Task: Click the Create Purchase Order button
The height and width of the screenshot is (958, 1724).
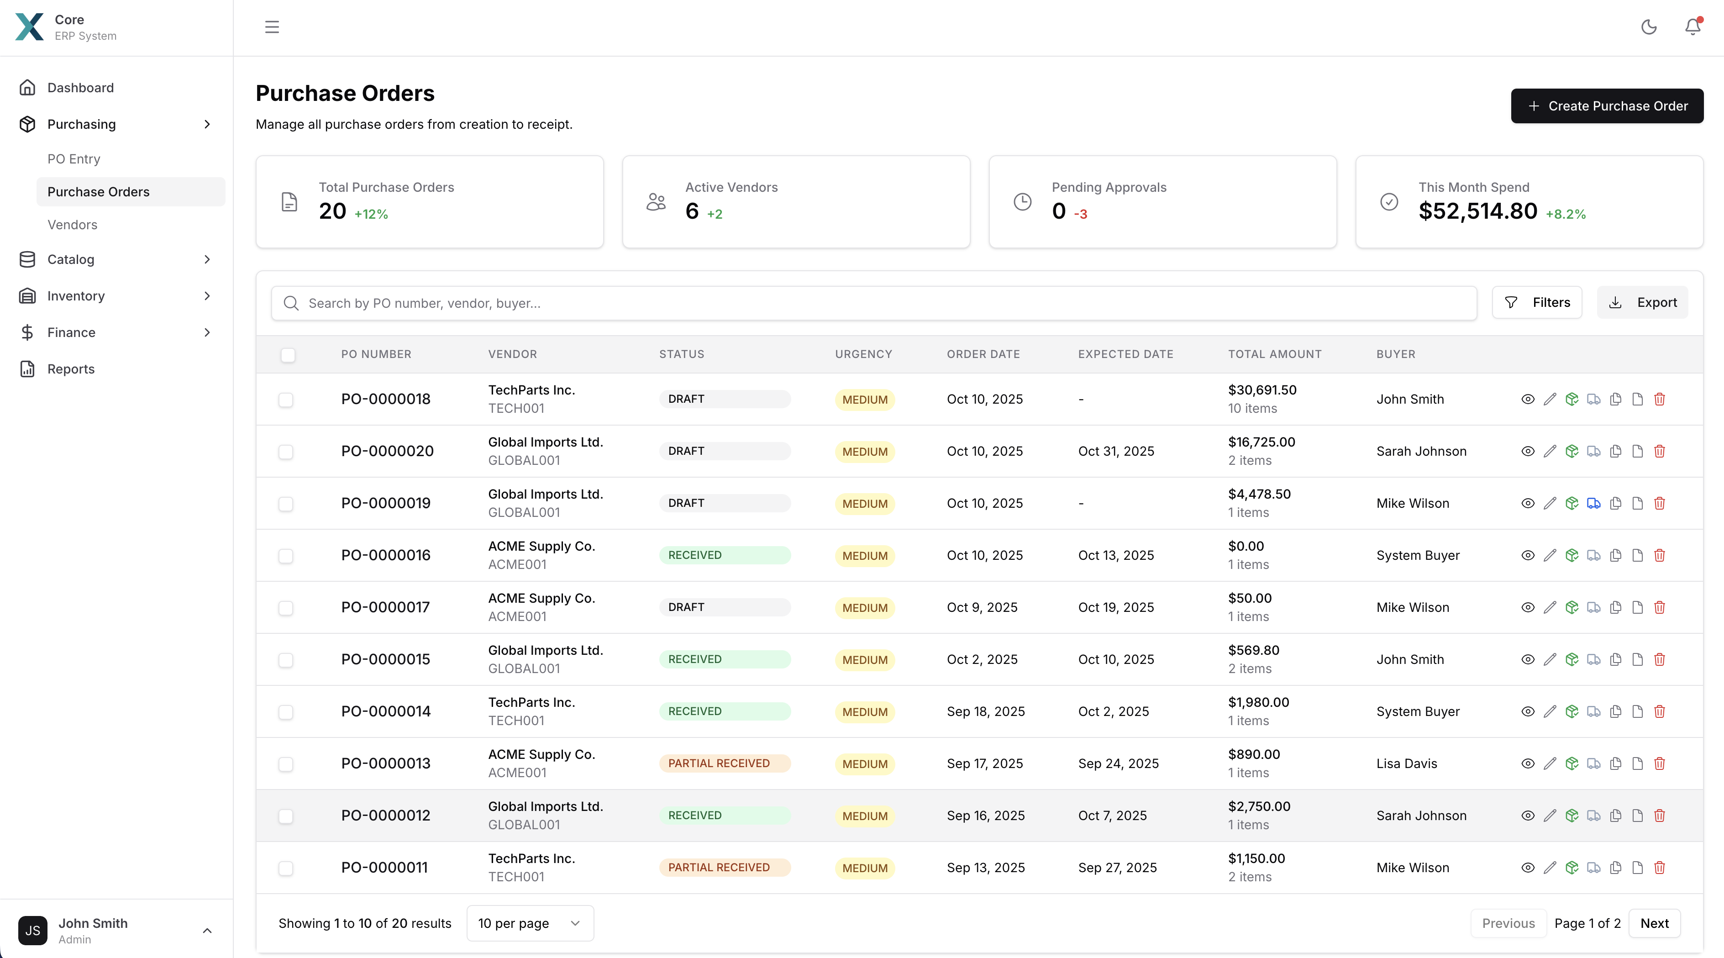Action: coord(1606,106)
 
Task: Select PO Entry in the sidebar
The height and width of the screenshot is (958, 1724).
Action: coord(74,158)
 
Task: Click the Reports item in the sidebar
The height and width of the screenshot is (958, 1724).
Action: coord(71,369)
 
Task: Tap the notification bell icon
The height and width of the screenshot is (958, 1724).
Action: coord(1692,27)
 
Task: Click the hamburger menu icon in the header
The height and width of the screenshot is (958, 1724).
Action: coord(272,27)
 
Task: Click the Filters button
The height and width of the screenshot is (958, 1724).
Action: coord(1537,303)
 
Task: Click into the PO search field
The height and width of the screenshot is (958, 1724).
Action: coord(870,303)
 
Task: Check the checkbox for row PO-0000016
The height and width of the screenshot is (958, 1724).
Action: coord(286,556)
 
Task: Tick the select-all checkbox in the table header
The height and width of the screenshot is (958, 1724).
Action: coord(288,355)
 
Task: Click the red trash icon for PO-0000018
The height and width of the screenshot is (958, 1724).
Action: coord(1660,399)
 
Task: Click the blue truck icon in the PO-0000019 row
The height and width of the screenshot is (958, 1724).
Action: coord(1593,504)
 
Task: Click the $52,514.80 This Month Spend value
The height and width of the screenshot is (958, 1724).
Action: coord(1478,211)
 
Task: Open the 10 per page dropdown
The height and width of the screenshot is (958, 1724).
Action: coord(529,923)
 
